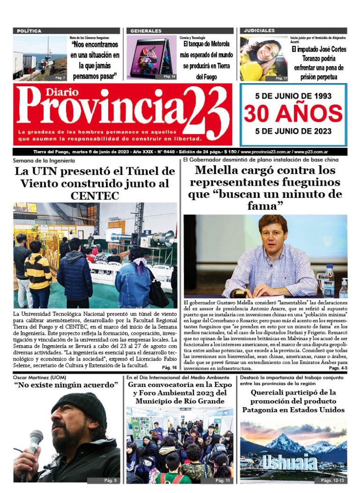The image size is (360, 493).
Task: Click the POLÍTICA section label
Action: tap(29, 31)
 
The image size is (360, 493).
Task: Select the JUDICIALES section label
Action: tap(259, 30)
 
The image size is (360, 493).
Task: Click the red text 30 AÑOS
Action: tap(293, 114)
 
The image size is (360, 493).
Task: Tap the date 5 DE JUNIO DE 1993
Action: tap(293, 96)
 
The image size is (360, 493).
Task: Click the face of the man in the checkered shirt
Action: tap(273, 231)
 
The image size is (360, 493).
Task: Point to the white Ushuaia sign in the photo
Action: tap(290, 462)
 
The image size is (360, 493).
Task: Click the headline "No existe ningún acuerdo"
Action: tap(66, 385)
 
